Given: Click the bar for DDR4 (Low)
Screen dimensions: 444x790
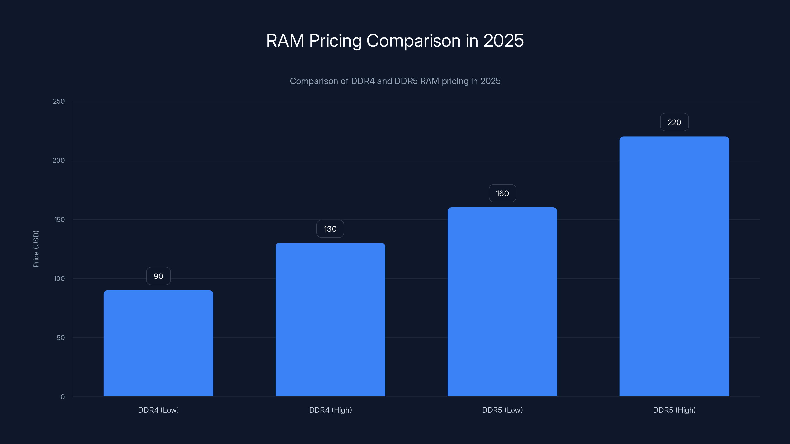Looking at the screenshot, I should coord(158,343).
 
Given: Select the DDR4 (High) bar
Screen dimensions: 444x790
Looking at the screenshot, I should coord(330,320).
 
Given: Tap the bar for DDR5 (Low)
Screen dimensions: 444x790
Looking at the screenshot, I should coord(502,302).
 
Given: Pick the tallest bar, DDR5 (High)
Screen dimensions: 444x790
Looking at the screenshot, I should coord(674,267).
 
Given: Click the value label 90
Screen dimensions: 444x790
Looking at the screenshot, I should coord(158,276).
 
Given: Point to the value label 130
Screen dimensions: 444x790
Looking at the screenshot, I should coord(330,229).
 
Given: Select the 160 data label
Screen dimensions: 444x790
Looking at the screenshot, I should coord(502,193).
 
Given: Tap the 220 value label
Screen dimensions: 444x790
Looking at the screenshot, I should coord(674,122).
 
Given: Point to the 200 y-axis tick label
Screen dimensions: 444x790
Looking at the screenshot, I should coord(59,160).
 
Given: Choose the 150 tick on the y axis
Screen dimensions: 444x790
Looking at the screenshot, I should coord(59,219).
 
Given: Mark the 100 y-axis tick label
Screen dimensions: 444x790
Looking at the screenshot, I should coord(59,278).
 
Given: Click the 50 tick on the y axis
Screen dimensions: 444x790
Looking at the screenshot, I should coord(61,338).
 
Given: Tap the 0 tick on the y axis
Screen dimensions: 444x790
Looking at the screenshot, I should coord(62,397).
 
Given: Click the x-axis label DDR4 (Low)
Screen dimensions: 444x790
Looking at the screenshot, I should coord(158,410).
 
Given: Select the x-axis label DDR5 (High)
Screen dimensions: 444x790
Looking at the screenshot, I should coord(674,410).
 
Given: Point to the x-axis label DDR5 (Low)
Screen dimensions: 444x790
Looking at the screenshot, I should coord(502,410).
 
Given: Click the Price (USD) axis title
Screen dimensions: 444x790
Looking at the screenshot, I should coord(36,249).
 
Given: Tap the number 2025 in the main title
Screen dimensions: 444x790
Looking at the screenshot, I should coord(503,40).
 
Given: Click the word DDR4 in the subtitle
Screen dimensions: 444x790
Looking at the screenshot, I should coord(362,81).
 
